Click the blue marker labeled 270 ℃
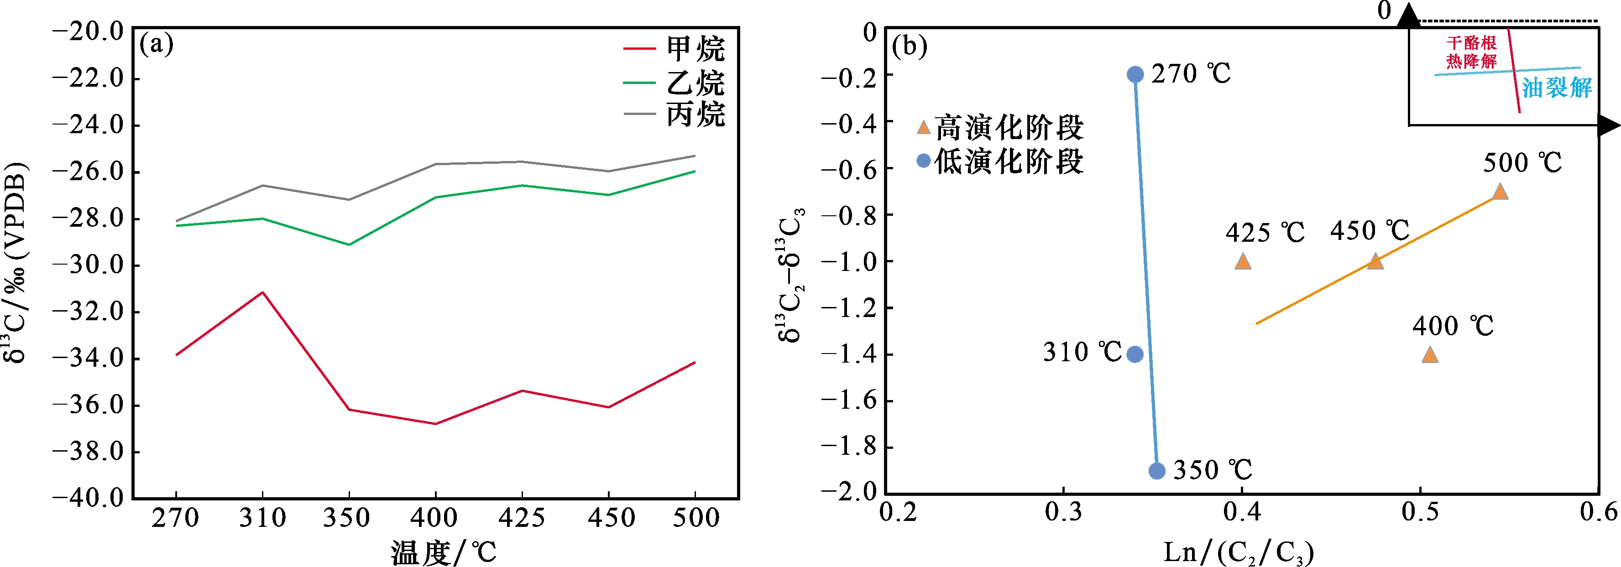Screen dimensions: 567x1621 click(x=1135, y=75)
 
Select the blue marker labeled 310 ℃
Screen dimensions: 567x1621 click(x=1135, y=354)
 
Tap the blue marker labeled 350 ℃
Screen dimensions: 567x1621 click(x=1156, y=471)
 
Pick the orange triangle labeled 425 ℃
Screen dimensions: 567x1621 click(x=1242, y=262)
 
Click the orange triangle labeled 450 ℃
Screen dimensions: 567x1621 click(x=1375, y=262)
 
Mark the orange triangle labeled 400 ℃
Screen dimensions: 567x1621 click(x=1430, y=355)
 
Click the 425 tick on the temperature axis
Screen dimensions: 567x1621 click(x=522, y=518)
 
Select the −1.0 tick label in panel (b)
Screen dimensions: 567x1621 click(x=849, y=262)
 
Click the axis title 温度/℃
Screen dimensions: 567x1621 click(x=444, y=552)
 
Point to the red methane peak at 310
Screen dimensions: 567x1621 click(x=262, y=293)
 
